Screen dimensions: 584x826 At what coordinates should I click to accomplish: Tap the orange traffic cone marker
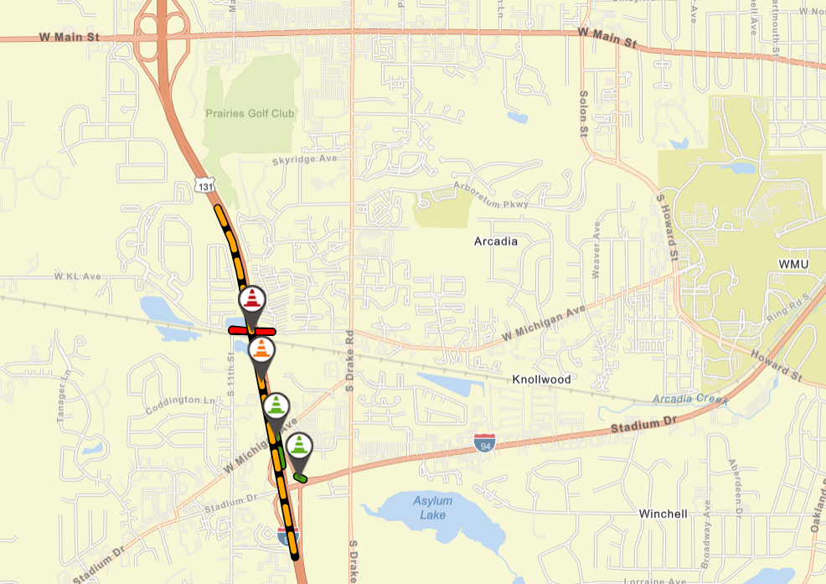[262, 350]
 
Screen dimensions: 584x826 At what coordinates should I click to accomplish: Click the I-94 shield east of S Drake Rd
[483, 443]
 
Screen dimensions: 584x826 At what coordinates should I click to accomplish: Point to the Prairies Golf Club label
[250, 113]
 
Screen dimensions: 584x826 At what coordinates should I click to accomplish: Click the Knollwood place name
[543, 380]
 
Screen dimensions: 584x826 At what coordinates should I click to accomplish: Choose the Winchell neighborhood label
[663, 514]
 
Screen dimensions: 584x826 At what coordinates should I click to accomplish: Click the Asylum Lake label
[432, 508]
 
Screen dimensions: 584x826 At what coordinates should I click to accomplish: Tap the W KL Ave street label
[77, 276]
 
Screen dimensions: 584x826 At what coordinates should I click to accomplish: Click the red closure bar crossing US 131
[239, 331]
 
